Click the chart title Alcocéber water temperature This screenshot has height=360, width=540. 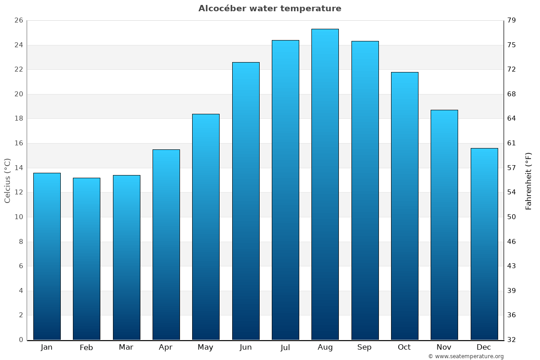[x=270, y=9]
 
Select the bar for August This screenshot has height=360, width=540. [x=325, y=184]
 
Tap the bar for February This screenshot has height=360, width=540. [x=86, y=259]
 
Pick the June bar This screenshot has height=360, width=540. [x=246, y=201]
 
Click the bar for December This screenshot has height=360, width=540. [x=484, y=244]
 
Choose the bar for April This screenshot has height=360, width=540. [x=166, y=244]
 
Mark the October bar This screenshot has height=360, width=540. [x=405, y=206]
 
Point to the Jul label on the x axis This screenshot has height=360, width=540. [x=285, y=347]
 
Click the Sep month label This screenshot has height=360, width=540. [x=364, y=347]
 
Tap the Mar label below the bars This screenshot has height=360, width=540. [x=126, y=347]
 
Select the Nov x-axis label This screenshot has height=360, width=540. [x=444, y=347]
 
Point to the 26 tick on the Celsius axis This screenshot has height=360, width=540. [x=18, y=21]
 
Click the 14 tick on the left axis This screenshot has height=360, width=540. [x=18, y=168]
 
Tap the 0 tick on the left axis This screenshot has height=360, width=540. [x=21, y=340]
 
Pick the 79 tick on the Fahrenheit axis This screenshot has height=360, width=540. [x=512, y=21]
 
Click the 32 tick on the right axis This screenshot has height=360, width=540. [x=512, y=340]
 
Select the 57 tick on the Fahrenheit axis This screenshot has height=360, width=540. [x=512, y=168]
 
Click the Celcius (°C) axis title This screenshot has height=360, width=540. [x=8, y=180]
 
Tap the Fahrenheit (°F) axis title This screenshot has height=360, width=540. [x=529, y=180]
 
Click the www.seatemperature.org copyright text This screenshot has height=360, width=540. [x=466, y=356]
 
